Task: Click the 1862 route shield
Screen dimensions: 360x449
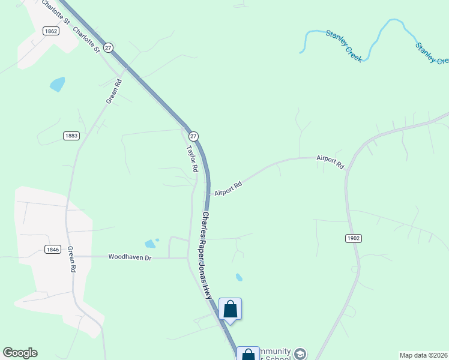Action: (x=51, y=31)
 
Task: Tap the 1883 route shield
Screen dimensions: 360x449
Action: (x=71, y=136)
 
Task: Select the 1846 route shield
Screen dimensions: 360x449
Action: (x=52, y=249)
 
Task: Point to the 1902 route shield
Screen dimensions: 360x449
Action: (x=354, y=238)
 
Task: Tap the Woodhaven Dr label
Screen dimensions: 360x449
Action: (x=130, y=257)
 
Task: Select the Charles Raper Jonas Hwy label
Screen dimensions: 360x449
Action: (x=207, y=255)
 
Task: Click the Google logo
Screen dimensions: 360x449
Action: (x=20, y=353)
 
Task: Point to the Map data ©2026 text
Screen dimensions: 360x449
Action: (x=424, y=355)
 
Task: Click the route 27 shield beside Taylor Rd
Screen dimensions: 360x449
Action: (x=193, y=136)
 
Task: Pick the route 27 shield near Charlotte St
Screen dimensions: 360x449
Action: (x=107, y=47)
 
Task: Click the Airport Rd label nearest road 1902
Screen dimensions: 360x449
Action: (x=330, y=161)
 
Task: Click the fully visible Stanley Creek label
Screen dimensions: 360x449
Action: (x=343, y=43)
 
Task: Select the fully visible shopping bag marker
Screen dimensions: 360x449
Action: (x=230, y=310)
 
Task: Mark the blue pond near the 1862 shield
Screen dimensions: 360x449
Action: (x=57, y=84)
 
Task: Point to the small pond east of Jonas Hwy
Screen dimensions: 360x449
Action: (x=239, y=277)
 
